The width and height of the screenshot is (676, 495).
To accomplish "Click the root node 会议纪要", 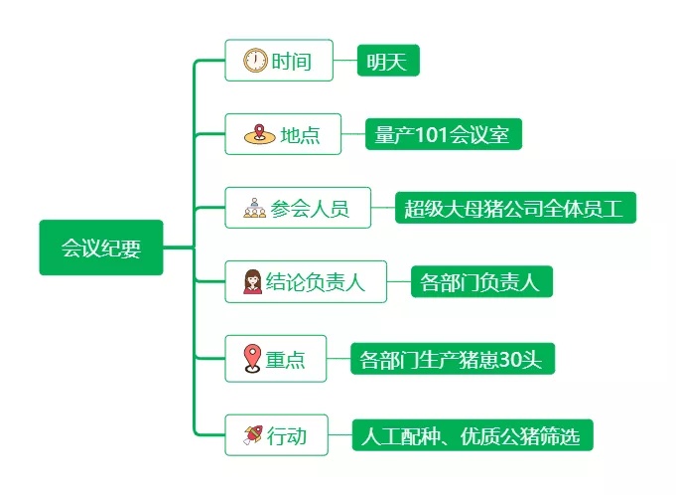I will coord(100,247).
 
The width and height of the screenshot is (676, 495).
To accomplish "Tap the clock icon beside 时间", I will coord(255,62).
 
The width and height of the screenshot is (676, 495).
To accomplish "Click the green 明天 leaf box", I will coord(388,62).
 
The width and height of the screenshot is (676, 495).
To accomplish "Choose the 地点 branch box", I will coord(283,134).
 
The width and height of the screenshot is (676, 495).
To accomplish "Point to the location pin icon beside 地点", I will coord(259,134).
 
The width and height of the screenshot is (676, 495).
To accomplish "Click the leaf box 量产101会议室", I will coord(443,134).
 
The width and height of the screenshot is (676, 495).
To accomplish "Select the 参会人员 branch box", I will coord(298,209).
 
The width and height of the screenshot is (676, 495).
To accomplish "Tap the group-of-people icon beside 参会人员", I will coord(254,209).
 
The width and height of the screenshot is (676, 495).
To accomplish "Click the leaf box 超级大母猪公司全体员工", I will coord(514,209).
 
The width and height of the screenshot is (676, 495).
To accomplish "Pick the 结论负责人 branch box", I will coord(305,282).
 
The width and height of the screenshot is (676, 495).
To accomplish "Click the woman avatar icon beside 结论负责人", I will coord(253,282).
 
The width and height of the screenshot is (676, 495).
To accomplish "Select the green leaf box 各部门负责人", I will coord(480,282).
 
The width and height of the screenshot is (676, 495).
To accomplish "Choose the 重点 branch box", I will coord(275,359).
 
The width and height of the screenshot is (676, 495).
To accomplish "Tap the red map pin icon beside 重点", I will coord(252,358).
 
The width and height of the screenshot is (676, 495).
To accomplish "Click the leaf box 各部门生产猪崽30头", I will coord(452,359).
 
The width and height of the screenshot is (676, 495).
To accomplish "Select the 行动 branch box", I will coord(276,435).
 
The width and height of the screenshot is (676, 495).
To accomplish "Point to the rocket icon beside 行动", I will coord(253,435).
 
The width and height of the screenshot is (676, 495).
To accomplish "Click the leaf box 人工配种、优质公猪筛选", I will coord(472,435).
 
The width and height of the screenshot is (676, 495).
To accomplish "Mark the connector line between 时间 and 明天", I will coord(342,62).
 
